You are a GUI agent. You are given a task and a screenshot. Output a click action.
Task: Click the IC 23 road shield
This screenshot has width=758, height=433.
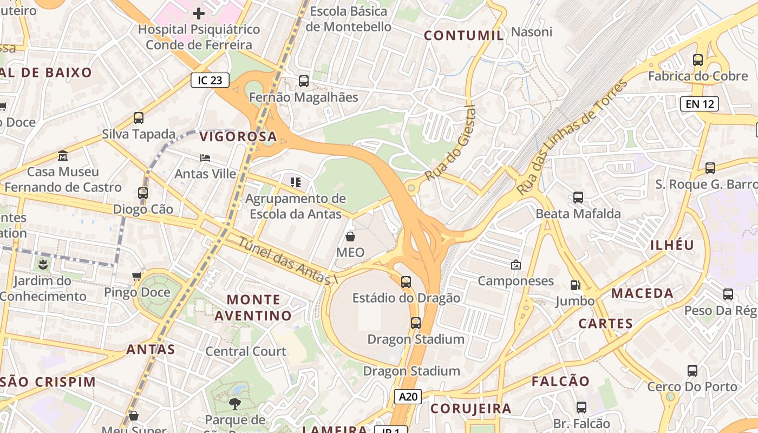(x=210, y=81)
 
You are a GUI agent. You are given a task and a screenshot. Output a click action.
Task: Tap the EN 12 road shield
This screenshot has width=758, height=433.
(x=699, y=104)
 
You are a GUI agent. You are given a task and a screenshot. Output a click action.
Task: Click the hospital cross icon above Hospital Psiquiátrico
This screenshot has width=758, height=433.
(x=199, y=13)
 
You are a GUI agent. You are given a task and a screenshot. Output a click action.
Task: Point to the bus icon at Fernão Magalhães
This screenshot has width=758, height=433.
(x=304, y=81)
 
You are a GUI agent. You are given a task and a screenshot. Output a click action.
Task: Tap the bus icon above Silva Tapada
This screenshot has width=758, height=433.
(x=139, y=117)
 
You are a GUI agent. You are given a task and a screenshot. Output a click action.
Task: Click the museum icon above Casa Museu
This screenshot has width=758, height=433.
(x=63, y=155)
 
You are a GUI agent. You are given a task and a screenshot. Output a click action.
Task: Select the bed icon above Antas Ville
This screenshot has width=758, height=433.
(x=205, y=158)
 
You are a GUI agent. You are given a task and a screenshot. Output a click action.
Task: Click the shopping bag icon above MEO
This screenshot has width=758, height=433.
(x=350, y=237)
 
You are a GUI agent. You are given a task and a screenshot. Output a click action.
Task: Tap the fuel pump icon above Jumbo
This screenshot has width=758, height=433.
(x=575, y=285)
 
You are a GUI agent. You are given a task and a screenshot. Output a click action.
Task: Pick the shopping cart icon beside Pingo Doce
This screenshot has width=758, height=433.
(x=137, y=277)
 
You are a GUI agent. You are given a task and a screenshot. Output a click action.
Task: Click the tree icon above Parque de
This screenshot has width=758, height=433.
(x=234, y=403)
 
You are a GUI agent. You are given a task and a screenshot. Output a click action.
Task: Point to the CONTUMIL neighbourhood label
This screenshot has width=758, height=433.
(x=463, y=36)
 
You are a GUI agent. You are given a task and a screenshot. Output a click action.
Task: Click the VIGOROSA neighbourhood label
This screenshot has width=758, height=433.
(x=238, y=137)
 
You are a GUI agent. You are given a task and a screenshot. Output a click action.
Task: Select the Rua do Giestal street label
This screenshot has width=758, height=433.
(x=450, y=143)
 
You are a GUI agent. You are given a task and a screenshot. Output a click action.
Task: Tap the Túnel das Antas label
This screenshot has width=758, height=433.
(x=287, y=262)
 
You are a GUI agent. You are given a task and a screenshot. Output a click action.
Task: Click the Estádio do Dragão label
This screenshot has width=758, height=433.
(x=406, y=298)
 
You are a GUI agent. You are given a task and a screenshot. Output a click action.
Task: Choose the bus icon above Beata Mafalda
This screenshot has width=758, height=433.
(x=578, y=198)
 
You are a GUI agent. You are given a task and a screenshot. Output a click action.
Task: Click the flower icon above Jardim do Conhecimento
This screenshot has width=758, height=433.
(x=42, y=265)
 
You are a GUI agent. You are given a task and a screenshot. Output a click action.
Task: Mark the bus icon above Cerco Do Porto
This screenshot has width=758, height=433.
(x=692, y=371)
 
